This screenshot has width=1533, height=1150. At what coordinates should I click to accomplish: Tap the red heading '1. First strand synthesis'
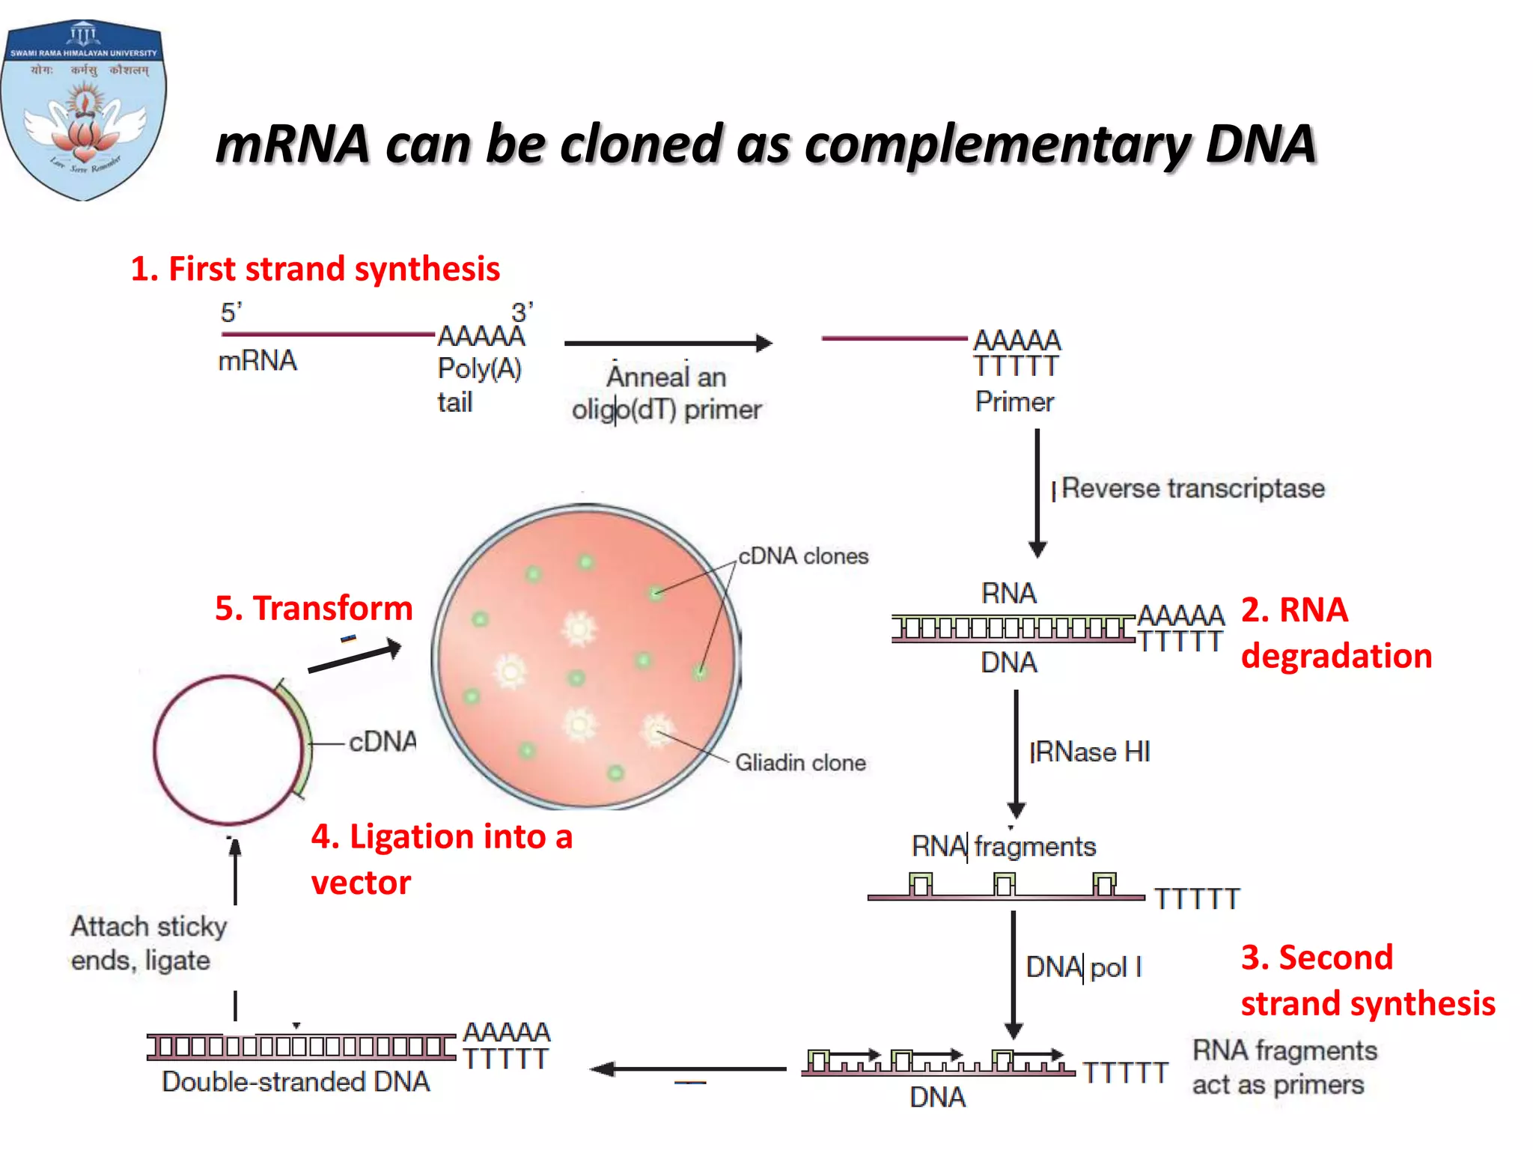point(315,269)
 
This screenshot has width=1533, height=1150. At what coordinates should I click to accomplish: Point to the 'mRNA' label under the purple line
point(257,361)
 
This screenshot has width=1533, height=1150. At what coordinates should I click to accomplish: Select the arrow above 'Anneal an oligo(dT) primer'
point(667,344)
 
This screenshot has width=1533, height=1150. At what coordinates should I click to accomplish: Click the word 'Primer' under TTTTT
point(1014,402)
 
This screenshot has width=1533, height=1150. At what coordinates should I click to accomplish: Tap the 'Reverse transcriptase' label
point(1192,488)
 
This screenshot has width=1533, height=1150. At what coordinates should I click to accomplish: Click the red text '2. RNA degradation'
point(1336,633)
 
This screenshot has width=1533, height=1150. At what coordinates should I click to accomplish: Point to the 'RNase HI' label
point(1090,752)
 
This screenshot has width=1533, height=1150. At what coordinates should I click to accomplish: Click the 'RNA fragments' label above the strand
point(1003,847)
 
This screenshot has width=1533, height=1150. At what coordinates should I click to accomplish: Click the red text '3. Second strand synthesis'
point(1367,980)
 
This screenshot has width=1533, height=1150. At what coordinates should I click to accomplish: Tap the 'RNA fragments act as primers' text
point(1284,1068)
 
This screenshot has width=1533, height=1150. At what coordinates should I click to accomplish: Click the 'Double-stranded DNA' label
point(296,1082)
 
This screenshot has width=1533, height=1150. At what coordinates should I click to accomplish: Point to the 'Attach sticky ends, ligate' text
point(148,943)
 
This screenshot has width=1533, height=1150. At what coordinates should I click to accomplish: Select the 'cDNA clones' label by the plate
point(803,556)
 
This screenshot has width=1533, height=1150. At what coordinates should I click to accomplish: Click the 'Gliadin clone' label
point(800,763)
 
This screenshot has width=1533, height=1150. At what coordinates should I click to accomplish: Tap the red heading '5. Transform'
point(314,608)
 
